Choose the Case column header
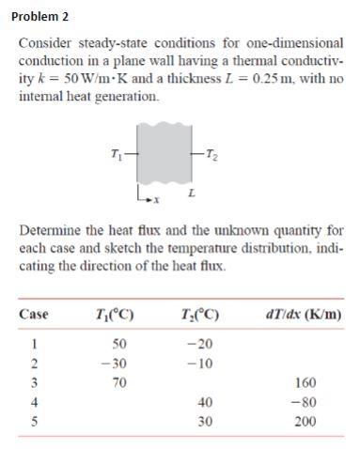(x=36, y=314)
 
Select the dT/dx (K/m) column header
(x=306, y=314)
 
